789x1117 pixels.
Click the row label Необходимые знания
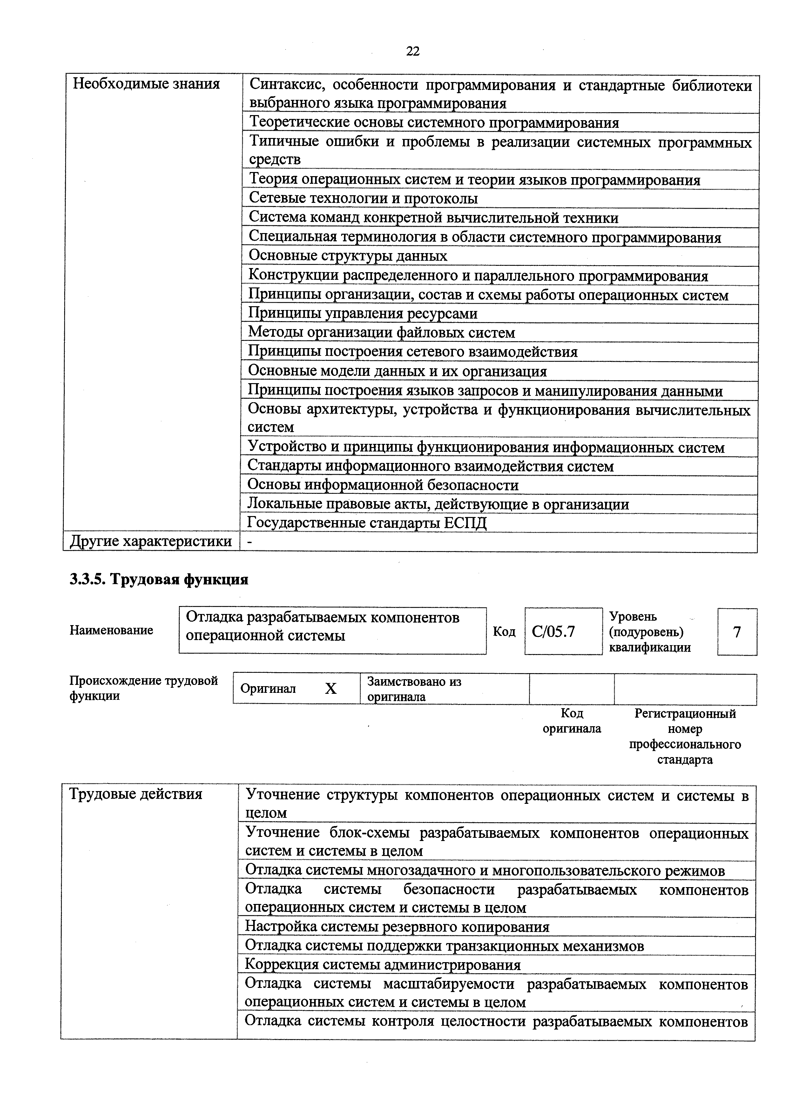[x=146, y=84]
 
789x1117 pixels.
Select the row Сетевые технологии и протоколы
[x=363, y=198]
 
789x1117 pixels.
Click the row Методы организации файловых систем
[x=381, y=333]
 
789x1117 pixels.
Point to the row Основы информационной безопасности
[x=383, y=485]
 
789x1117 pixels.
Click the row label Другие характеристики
[x=151, y=541]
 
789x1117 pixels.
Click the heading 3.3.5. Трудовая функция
[x=159, y=579]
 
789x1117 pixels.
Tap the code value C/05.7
[x=553, y=631]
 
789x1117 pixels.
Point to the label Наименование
[x=111, y=631]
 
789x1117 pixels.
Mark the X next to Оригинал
[x=331, y=688]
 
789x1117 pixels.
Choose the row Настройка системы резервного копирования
[x=397, y=927]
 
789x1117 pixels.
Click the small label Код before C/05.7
[x=504, y=631]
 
